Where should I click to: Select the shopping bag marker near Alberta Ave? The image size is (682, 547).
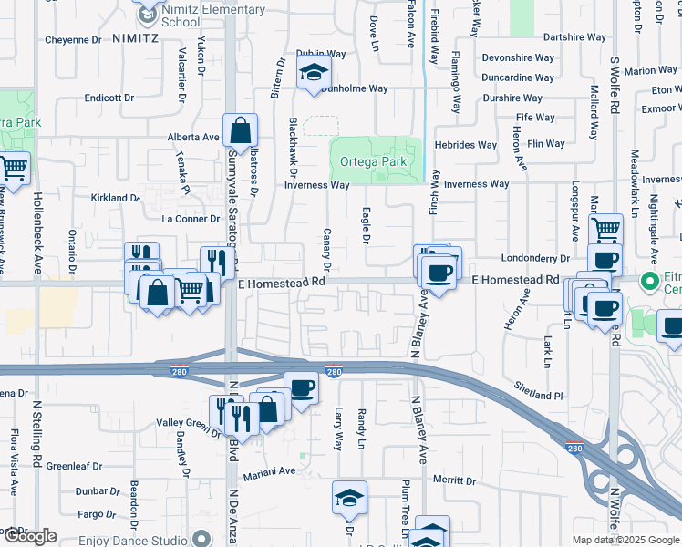(x=240, y=132)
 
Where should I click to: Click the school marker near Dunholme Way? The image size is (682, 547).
(x=314, y=74)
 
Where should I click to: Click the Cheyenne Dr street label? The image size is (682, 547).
(x=72, y=40)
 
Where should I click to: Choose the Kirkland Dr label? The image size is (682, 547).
(x=114, y=198)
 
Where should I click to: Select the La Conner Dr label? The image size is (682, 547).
(x=191, y=219)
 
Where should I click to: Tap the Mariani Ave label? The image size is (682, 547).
(x=269, y=471)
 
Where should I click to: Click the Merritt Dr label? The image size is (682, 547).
(x=457, y=480)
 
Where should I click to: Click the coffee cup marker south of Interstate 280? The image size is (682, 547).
(x=301, y=388)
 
